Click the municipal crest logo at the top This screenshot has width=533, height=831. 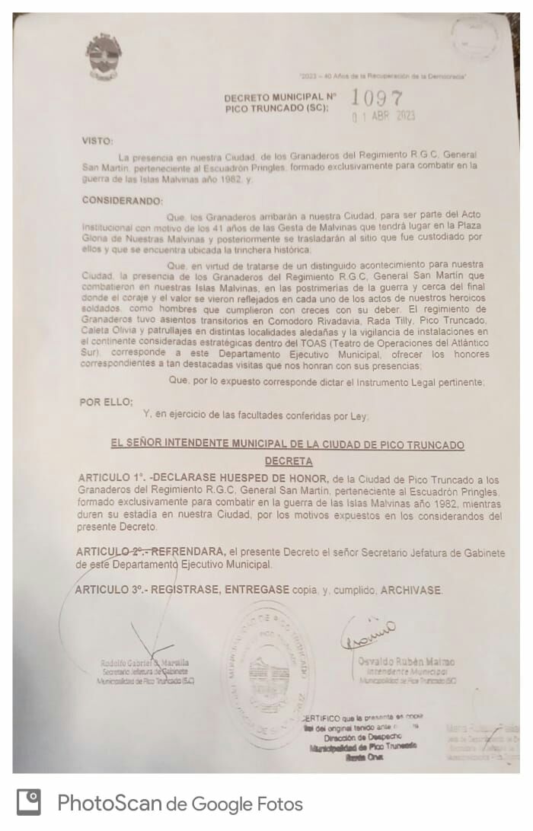click(104, 56)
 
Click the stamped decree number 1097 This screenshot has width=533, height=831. click(376, 98)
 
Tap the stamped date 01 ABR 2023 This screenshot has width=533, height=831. click(383, 116)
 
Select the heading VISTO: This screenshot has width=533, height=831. click(97, 141)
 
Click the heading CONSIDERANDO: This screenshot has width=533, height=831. click(122, 201)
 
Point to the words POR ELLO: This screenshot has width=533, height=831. click(106, 402)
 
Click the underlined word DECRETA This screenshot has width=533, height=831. click(288, 461)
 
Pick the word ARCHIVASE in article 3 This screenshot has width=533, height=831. click(411, 590)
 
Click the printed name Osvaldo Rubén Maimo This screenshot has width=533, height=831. click(407, 661)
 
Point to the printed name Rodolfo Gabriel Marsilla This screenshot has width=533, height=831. click(145, 663)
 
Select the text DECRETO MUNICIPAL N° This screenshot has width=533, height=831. click(280, 97)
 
